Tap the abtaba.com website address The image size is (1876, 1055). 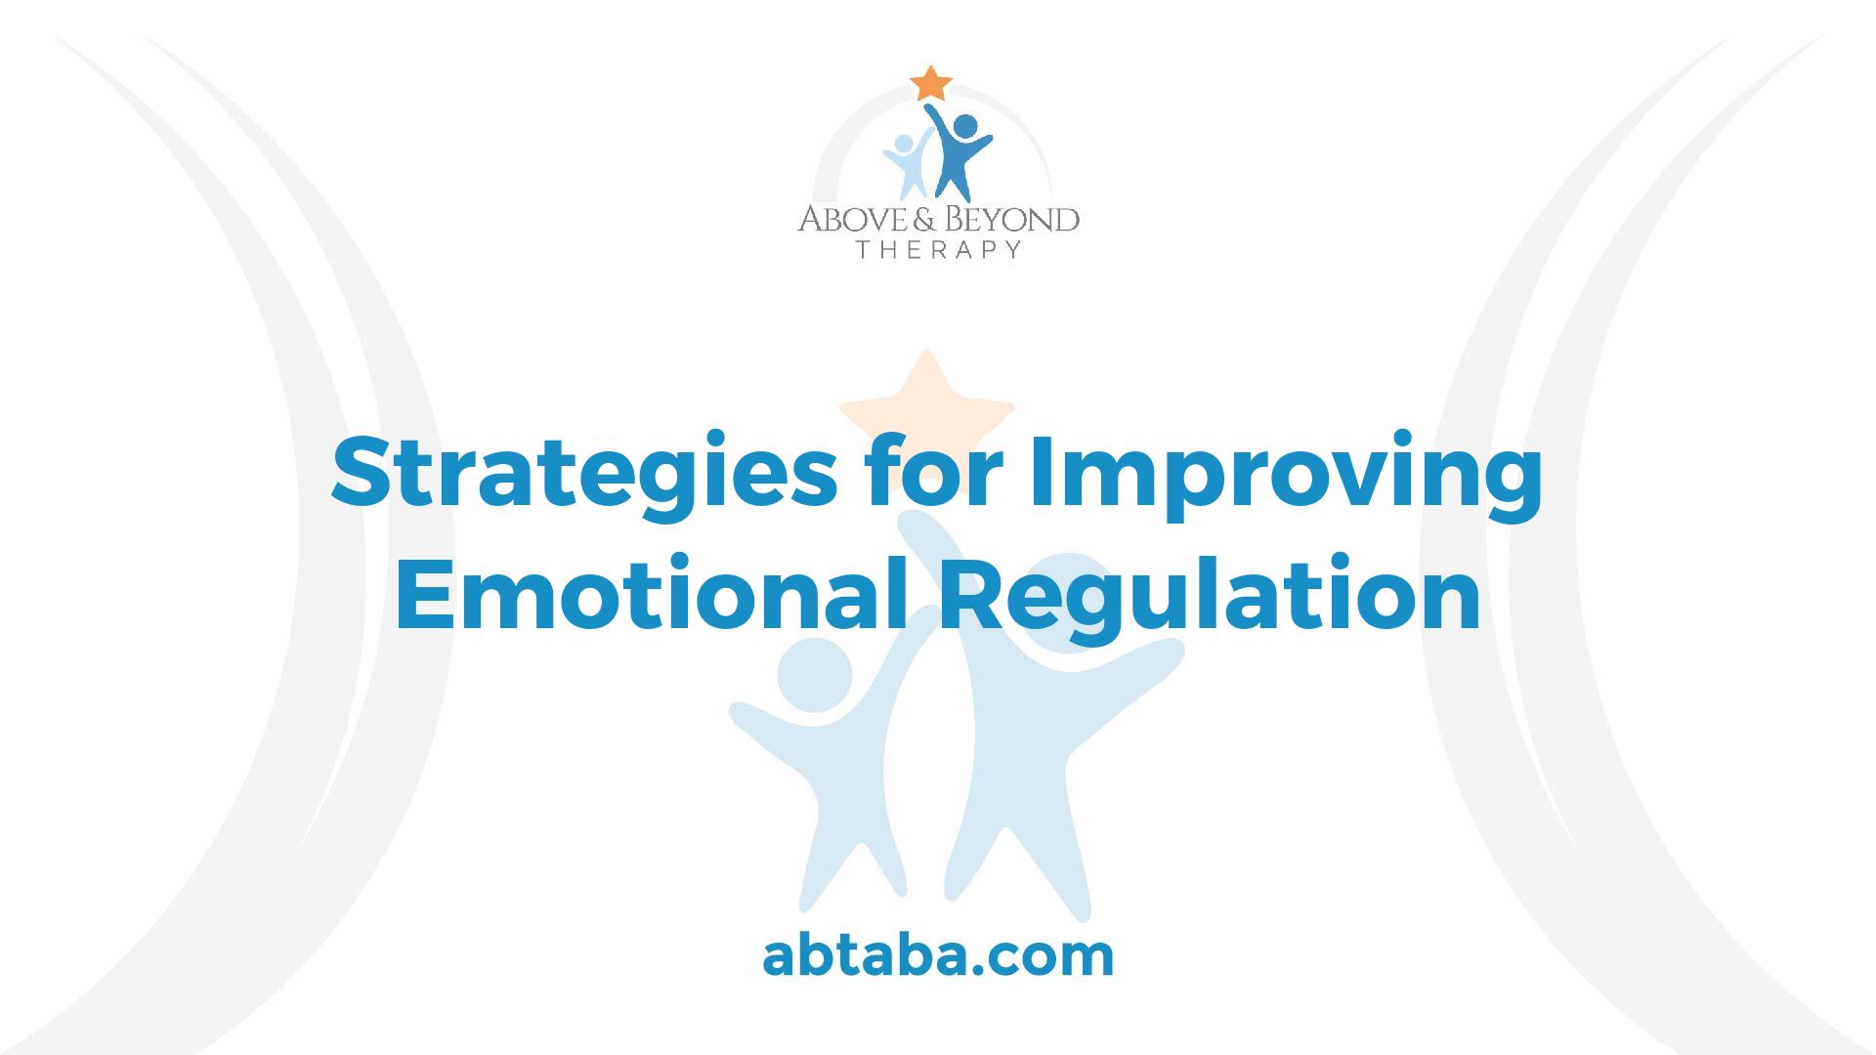938,955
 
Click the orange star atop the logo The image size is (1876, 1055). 931,84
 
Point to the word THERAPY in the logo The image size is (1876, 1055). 939,249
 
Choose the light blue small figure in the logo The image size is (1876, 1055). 905,164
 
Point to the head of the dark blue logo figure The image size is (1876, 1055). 964,127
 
